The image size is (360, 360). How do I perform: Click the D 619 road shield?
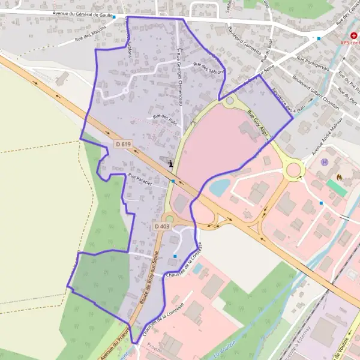[123, 144]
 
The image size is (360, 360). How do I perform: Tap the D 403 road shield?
[162, 226]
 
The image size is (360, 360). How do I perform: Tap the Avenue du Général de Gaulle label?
[79, 13]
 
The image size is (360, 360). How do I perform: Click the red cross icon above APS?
[346, 35]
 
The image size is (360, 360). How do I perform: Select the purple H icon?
[325, 161]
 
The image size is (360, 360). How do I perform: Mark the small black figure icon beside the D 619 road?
[171, 163]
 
